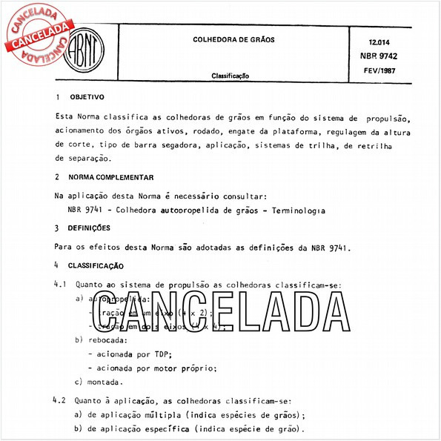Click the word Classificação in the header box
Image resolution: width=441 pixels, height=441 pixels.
(230, 76)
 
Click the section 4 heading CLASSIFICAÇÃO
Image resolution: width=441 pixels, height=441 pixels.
(96, 265)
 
